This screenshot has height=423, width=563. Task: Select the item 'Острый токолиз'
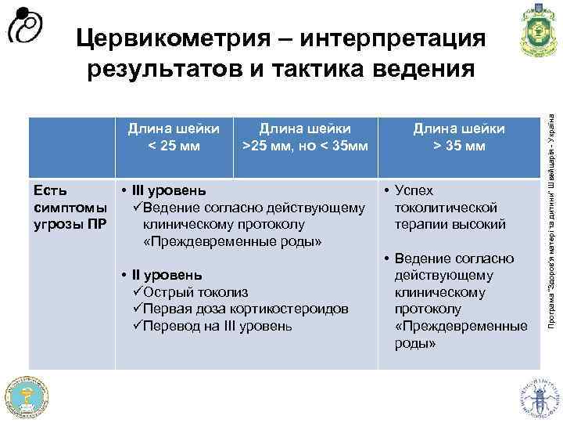click(x=187, y=292)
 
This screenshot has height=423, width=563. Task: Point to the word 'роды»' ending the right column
click(x=414, y=343)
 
